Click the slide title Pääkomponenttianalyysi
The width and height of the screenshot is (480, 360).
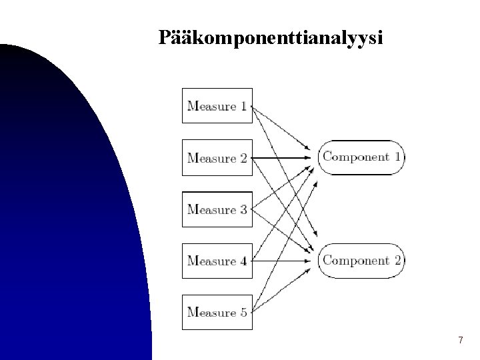(271, 39)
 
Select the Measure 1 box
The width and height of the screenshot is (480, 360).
(217, 105)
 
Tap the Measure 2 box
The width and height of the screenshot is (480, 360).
(217, 157)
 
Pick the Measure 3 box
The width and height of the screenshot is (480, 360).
(217, 209)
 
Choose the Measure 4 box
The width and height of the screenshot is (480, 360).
(217, 261)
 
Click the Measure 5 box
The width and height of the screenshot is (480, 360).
(217, 312)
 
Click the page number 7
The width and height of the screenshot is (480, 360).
(460, 341)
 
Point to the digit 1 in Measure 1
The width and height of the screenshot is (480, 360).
(243, 105)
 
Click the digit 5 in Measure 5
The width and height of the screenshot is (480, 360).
(243, 312)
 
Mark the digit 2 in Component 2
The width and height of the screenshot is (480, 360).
(398, 260)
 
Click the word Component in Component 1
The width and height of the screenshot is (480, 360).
(356, 157)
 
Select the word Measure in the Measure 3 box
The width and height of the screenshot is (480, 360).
(212, 209)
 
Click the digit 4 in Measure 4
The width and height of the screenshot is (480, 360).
(243, 261)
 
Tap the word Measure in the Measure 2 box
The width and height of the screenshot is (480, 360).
(212, 158)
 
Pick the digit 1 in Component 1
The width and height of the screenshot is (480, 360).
(398, 157)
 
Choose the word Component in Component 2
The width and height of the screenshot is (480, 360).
(356, 260)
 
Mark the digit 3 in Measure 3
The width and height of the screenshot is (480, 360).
(243, 209)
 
